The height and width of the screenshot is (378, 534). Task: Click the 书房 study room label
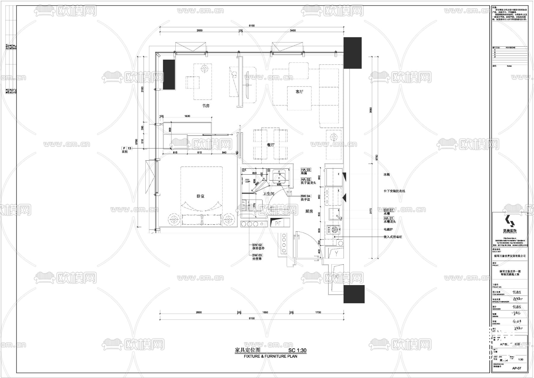pos(206,105)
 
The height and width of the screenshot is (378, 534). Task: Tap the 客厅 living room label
pos(299,92)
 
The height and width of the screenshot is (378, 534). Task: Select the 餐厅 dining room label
pos(270,145)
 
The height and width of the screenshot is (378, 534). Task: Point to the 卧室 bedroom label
pos(201,196)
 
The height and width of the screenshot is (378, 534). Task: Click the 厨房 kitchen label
pos(309,211)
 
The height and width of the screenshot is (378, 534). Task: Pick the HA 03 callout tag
pos(306,170)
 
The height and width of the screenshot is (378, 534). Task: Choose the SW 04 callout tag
pos(306,196)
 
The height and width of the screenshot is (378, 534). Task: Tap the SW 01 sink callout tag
pos(388,210)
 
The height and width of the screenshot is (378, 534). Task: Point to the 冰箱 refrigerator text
pos(386,175)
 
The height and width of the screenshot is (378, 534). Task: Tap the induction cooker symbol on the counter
pos(335,229)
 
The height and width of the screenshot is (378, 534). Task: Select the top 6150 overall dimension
pos(252,26)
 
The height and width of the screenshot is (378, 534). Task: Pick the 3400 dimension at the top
pos(293,31)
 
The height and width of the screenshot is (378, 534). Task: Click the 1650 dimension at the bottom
pos(265,312)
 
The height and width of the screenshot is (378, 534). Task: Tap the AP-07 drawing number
pos(516,368)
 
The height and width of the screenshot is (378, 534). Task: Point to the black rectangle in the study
pos(169,74)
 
